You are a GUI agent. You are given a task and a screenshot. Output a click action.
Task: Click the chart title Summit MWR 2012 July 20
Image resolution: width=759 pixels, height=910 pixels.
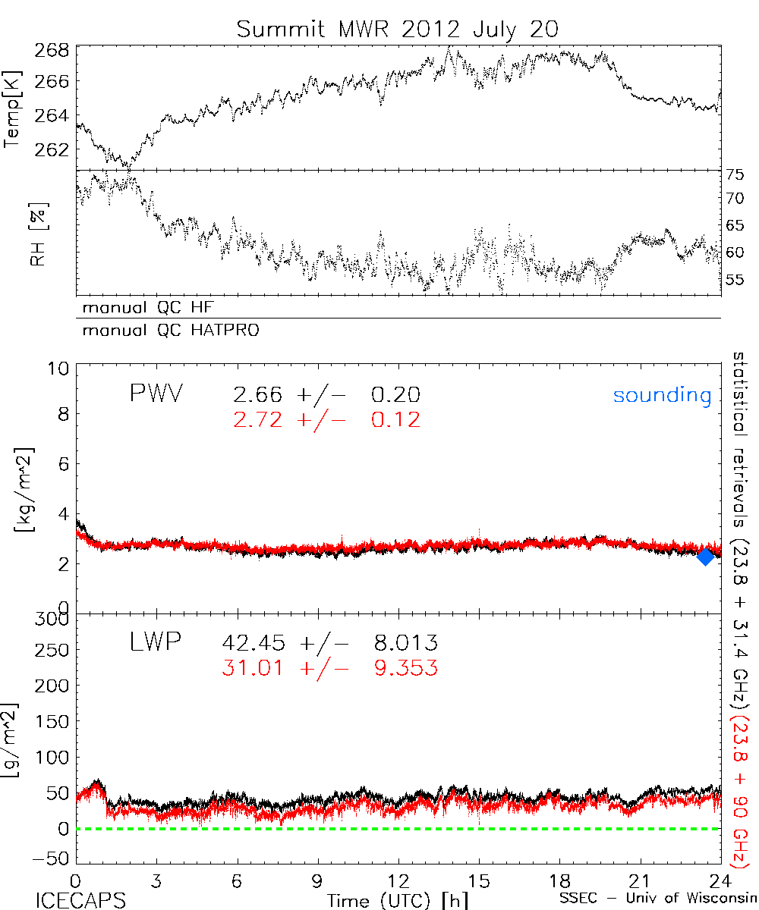[398, 29]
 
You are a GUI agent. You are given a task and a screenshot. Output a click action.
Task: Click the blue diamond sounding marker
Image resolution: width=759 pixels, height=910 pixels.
[705, 556]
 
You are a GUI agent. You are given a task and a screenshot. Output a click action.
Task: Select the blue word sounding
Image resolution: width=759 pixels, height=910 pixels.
[662, 395]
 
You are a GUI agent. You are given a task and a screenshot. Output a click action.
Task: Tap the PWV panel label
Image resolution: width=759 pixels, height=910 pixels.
[156, 394]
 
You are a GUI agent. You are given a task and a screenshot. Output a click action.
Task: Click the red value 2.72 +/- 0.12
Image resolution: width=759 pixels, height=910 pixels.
[321, 418]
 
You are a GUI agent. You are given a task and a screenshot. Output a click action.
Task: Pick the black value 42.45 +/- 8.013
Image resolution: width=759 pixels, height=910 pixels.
[329, 644]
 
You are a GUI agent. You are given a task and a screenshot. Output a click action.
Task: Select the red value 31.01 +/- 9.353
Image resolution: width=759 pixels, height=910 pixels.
[329, 667]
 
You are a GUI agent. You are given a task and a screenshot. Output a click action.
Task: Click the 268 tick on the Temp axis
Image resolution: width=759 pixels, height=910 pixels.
[52, 52]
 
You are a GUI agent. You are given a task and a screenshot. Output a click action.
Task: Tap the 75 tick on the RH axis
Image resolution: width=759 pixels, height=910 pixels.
[734, 174]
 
